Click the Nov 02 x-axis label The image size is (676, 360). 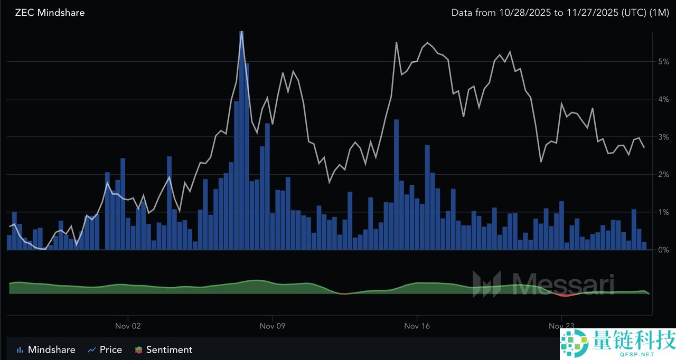pos(128,326)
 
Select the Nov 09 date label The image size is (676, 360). pos(273,326)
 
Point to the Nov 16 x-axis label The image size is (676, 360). pos(417,326)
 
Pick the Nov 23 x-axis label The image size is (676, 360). pos(561,326)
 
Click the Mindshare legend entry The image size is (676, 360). pos(46,349)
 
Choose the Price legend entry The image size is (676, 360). pos(105,349)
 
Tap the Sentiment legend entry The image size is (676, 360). pos(164,349)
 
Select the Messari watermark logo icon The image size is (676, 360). pos(486,284)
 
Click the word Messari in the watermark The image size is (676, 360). pos(560,284)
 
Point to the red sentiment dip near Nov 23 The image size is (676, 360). pos(567,295)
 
